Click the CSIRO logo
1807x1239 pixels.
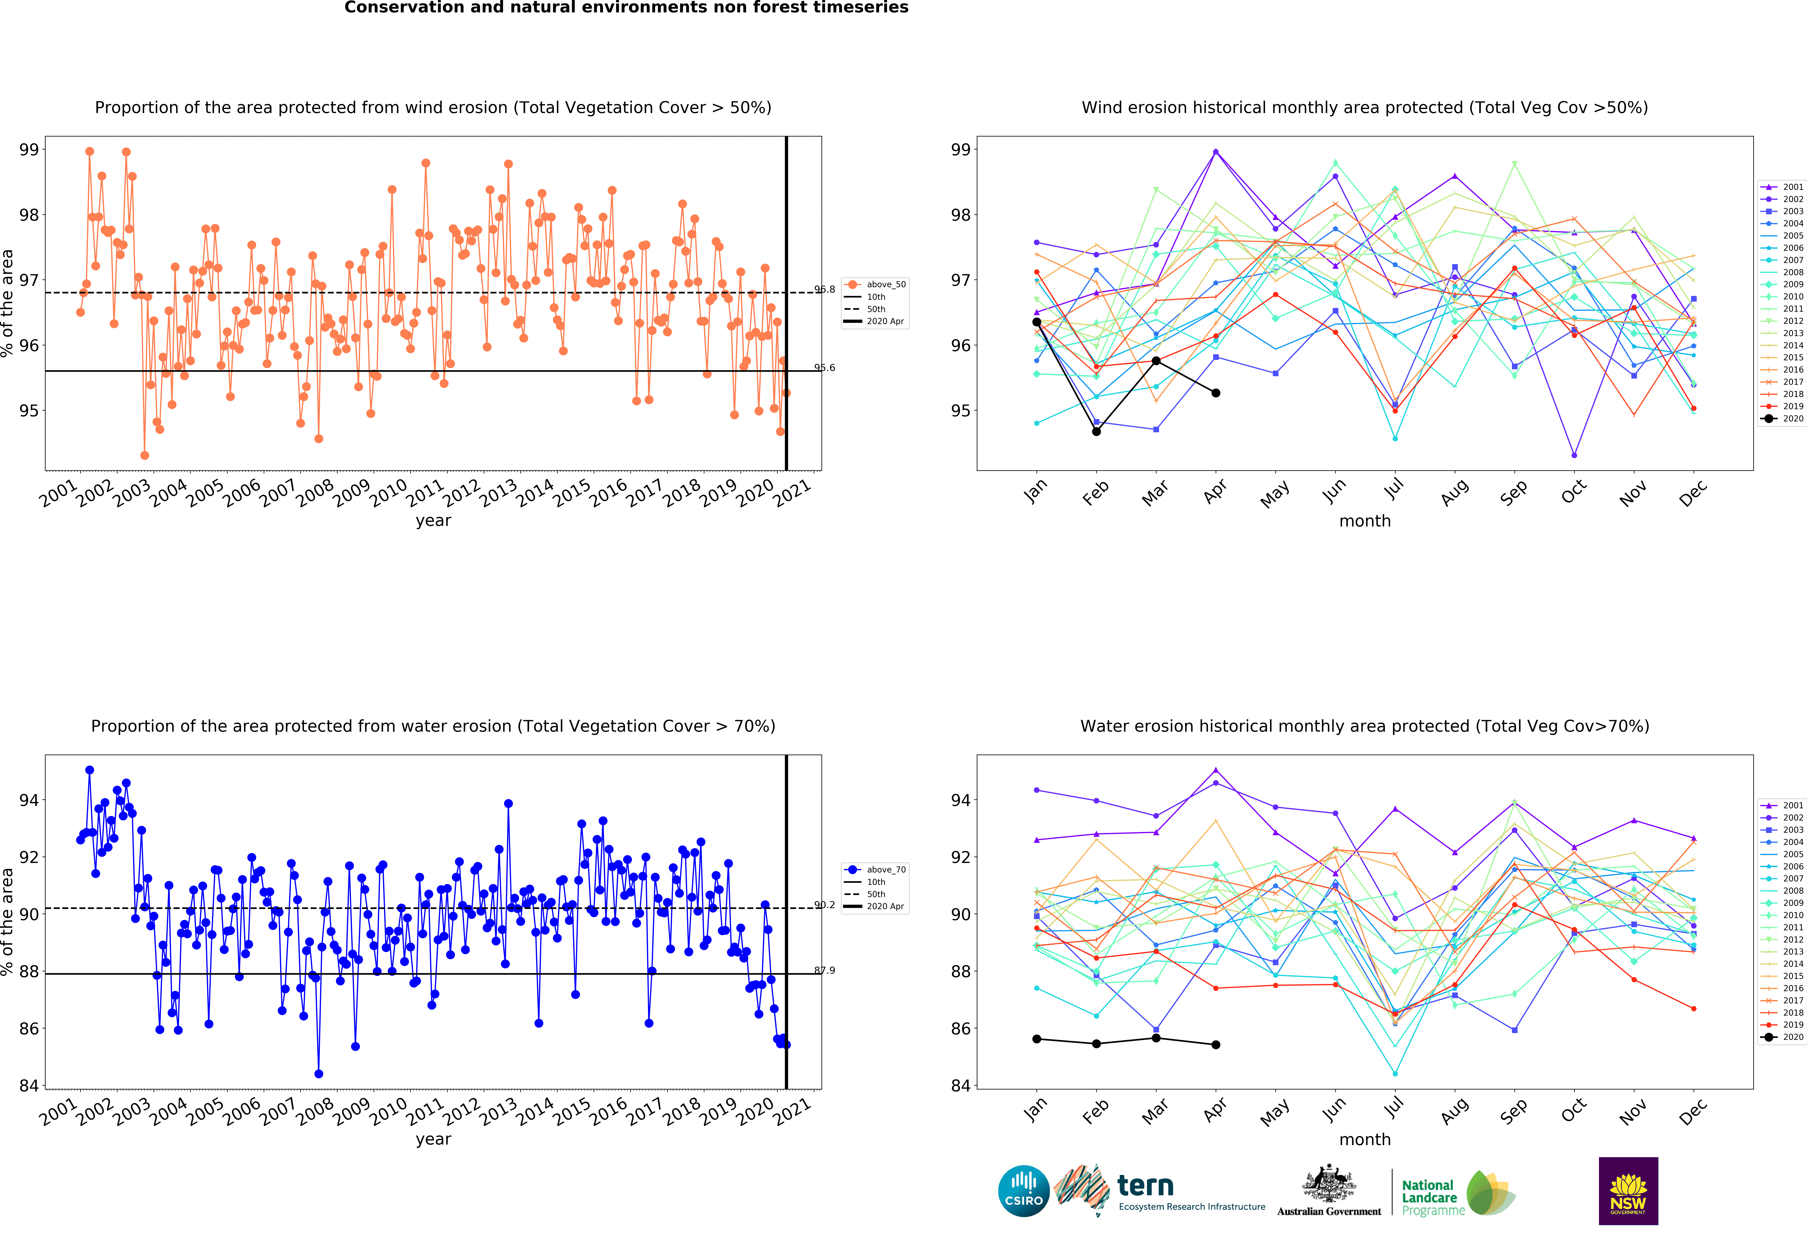1023,1191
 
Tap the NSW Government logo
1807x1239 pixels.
1628,1191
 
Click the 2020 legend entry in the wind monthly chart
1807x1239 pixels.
1782,418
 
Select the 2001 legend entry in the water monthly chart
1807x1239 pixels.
1782,805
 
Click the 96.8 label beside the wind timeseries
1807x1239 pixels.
825,289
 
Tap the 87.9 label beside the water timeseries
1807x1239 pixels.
825,971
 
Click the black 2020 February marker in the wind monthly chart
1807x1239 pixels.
1096,432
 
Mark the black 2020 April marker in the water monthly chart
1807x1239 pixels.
1216,1044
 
